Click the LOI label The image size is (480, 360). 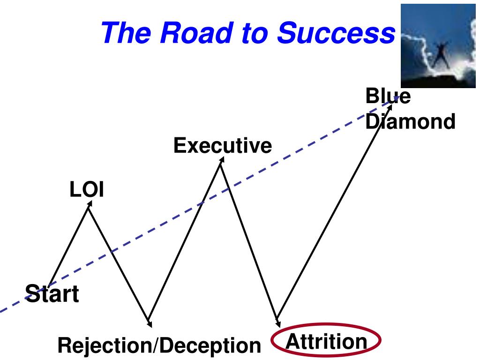pos(87,190)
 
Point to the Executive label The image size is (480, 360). pos(223,146)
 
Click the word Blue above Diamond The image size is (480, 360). pos(388,97)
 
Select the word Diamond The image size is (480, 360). pos(410,122)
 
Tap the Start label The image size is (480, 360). pos(52,294)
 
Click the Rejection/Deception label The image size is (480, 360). pos(159,346)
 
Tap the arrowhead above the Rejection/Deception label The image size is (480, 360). pos(149,322)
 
